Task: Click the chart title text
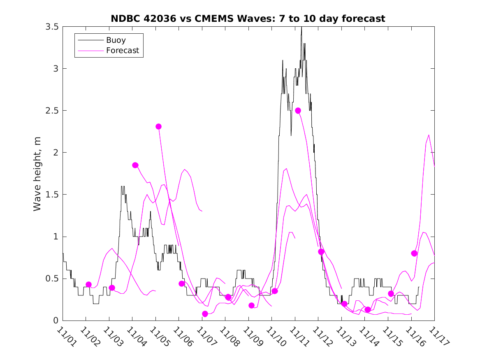(248, 19)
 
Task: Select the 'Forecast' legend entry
(122, 51)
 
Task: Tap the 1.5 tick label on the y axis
(53, 195)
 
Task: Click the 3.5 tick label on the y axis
(53, 27)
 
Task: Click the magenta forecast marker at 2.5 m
(298, 111)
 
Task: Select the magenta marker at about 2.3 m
(159, 127)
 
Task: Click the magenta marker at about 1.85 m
(135, 165)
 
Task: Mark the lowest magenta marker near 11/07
(205, 314)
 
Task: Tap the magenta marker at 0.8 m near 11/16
(414, 253)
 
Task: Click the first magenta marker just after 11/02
(88, 285)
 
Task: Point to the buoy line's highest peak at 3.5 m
(301, 28)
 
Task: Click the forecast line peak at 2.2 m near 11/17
(429, 135)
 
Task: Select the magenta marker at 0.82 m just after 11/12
(321, 252)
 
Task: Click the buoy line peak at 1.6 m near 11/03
(123, 186)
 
